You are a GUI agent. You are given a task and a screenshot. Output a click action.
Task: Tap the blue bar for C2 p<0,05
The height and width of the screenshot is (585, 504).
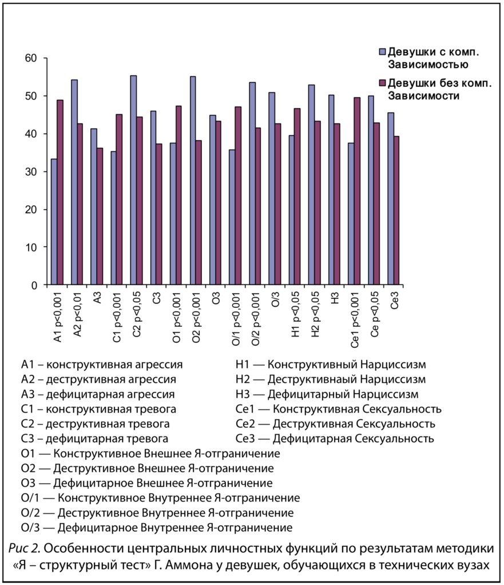[133, 180]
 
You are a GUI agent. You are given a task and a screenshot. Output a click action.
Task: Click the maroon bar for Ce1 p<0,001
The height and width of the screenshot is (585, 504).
[357, 191]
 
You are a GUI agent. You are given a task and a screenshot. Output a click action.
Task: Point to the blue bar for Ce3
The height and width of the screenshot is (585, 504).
[391, 199]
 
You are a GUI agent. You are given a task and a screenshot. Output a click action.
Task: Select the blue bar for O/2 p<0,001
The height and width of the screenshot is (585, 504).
[252, 183]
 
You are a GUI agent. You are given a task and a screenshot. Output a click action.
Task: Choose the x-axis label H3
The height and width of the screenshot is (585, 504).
[335, 300]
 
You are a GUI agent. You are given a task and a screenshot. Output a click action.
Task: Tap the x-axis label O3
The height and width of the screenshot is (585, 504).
[216, 300]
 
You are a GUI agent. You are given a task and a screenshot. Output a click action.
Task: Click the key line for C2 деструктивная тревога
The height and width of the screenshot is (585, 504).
[95, 424]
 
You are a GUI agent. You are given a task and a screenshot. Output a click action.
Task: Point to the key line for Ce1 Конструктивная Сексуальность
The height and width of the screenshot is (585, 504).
[338, 409]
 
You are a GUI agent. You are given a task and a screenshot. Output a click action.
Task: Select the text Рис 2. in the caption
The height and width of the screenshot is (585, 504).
[25, 550]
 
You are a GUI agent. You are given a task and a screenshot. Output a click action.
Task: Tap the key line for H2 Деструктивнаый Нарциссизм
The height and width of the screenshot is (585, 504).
[331, 379]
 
